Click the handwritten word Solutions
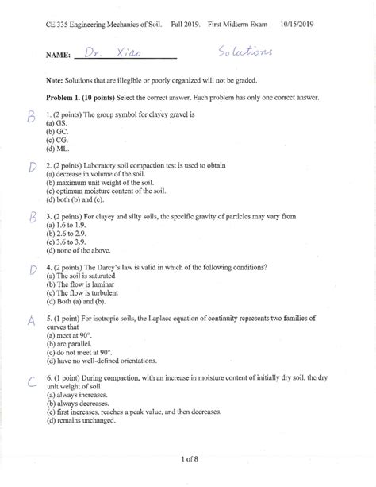(x=244, y=52)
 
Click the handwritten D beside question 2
(x=33, y=167)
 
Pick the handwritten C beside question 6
(x=32, y=383)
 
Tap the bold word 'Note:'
(x=57, y=80)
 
